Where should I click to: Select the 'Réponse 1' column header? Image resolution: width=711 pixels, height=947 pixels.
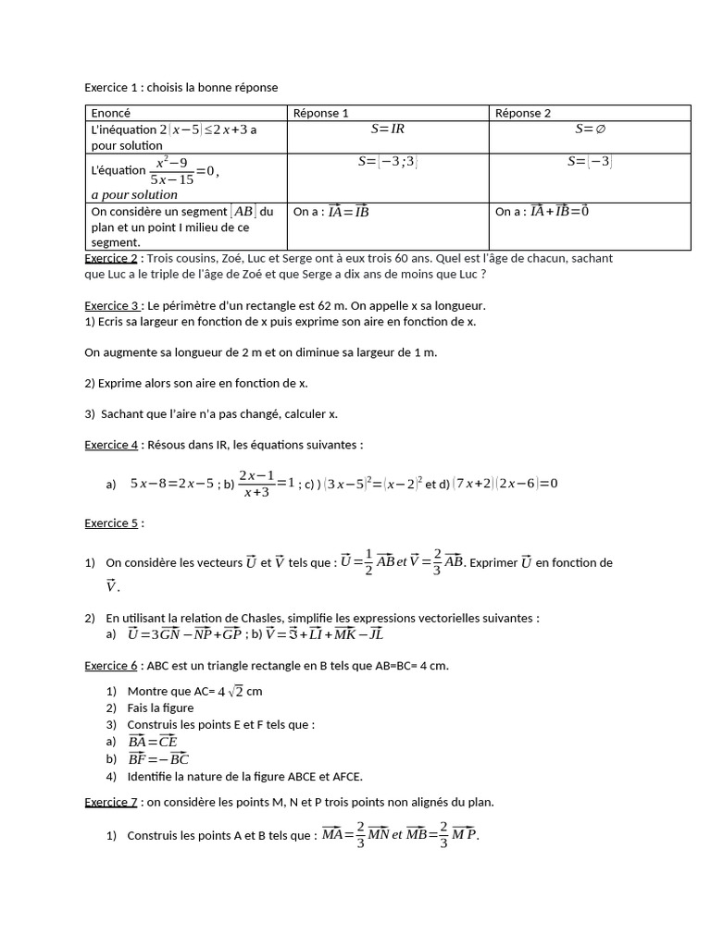(x=320, y=113)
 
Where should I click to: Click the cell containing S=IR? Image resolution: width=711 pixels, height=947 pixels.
(x=388, y=129)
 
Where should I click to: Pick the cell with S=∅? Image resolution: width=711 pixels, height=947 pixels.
(x=590, y=129)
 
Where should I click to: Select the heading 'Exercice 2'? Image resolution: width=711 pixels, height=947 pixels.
(x=111, y=258)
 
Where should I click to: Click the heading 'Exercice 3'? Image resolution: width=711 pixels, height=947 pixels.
(x=111, y=305)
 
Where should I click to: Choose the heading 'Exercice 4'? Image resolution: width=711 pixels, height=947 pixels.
(x=111, y=445)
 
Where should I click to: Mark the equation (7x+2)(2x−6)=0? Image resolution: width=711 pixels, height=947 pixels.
(x=505, y=483)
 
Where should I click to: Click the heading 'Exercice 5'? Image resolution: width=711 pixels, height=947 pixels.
(x=111, y=523)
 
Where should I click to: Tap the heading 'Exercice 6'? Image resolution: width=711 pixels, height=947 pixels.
(x=111, y=665)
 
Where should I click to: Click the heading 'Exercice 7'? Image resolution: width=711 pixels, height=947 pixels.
(x=111, y=802)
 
